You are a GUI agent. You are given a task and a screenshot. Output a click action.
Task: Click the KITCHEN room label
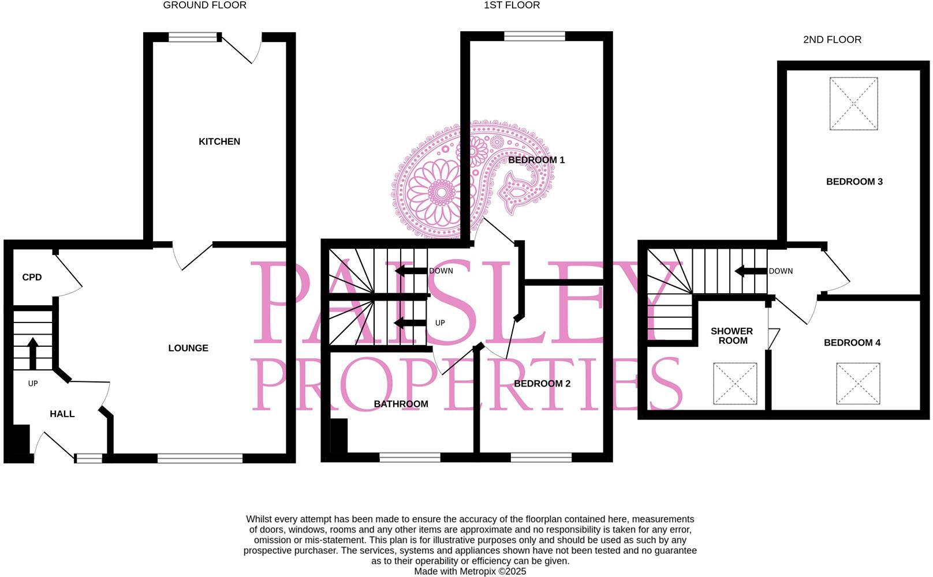219,141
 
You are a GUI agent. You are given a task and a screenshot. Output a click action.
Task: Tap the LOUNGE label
188,348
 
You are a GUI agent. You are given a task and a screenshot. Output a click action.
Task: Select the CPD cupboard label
32,277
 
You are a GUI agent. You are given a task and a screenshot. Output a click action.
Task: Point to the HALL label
62,414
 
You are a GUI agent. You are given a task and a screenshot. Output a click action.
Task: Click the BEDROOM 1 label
536,160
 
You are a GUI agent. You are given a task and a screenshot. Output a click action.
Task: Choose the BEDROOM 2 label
542,384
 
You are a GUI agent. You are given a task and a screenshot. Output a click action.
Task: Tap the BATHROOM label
401,404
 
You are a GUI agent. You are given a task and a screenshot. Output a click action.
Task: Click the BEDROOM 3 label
854,182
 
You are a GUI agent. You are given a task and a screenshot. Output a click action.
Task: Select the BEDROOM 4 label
852,343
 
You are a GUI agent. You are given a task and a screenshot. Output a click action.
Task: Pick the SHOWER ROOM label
732,336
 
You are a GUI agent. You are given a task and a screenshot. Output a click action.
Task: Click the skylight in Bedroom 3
853,104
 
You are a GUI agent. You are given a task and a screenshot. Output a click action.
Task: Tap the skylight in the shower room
735,383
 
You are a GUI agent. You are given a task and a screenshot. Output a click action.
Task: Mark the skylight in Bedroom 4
858,383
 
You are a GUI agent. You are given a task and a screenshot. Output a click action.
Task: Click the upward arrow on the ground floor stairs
33,353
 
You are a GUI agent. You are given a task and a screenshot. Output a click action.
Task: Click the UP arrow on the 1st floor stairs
410,323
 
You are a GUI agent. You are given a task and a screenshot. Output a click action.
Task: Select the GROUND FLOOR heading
204,5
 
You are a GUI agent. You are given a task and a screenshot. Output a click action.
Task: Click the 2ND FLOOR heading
832,40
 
